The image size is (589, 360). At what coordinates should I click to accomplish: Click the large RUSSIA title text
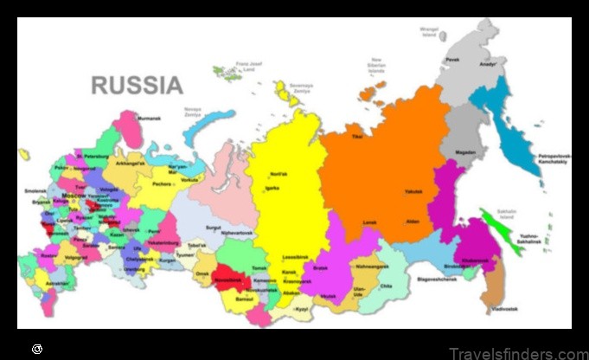click(x=137, y=86)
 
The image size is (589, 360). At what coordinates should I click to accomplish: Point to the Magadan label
click(x=466, y=153)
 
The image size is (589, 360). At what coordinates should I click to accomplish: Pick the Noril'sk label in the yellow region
click(x=278, y=173)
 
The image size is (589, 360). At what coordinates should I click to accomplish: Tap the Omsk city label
click(x=203, y=274)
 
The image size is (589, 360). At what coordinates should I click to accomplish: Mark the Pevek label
click(x=452, y=60)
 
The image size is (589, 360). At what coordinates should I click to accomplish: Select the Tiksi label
click(x=356, y=136)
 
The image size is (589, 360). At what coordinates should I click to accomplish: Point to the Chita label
click(x=386, y=286)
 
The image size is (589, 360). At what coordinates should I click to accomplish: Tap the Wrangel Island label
click(x=430, y=31)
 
